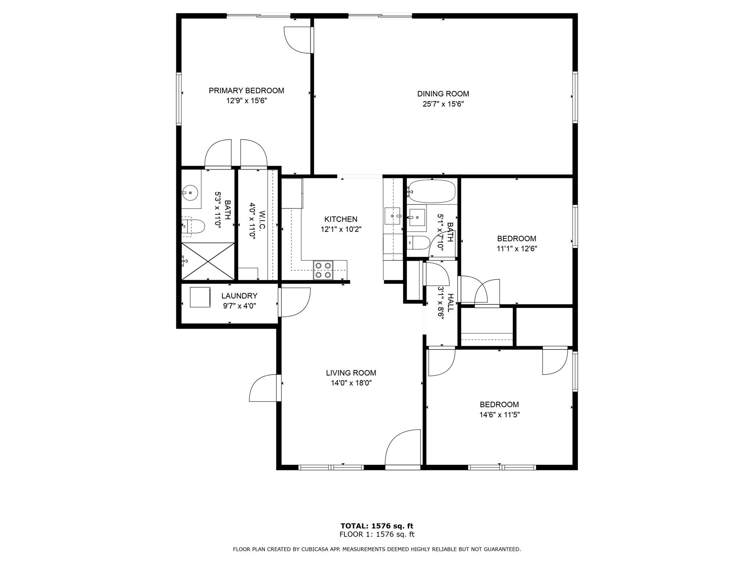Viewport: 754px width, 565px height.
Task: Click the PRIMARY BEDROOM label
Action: pos(246,90)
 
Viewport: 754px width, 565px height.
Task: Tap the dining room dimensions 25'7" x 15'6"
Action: pos(443,104)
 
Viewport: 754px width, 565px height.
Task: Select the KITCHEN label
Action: pos(341,219)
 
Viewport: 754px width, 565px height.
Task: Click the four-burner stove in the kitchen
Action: pos(323,270)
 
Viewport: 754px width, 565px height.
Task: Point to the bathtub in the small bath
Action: pos(432,191)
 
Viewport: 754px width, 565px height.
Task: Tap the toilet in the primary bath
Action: pos(194,226)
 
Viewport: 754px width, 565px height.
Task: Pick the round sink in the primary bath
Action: pos(190,192)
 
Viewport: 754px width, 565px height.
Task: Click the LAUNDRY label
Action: pos(239,296)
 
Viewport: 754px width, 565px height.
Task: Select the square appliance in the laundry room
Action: pos(200,297)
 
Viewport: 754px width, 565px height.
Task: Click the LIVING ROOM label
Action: pos(351,373)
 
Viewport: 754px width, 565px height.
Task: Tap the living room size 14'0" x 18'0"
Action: pos(351,383)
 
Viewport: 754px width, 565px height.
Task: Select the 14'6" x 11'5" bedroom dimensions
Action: pos(499,415)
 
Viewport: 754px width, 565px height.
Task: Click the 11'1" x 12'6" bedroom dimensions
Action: pos(517,249)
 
